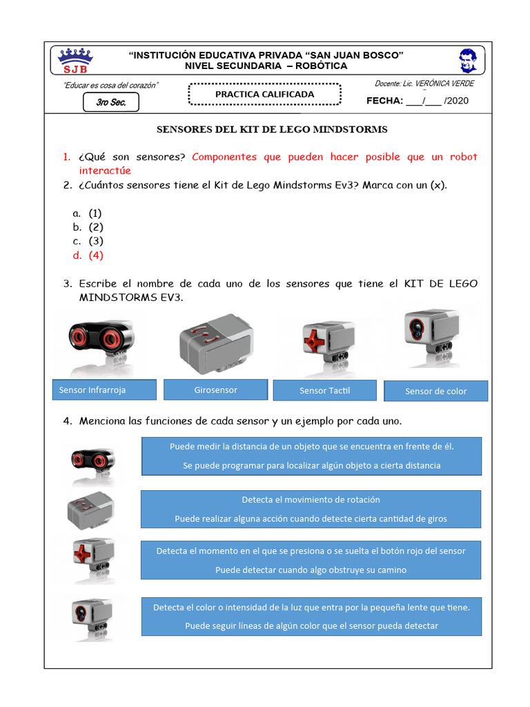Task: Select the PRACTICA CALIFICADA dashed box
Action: click(264, 95)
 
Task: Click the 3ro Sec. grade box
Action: click(110, 103)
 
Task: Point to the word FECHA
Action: click(384, 101)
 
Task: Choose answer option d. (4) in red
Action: click(88, 255)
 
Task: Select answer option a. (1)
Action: click(88, 213)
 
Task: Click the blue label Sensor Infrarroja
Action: click(104, 390)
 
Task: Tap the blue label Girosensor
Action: click(215, 390)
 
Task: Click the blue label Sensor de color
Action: click(435, 391)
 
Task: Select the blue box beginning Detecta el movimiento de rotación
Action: click(311, 509)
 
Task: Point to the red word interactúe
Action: click(105, 171)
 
